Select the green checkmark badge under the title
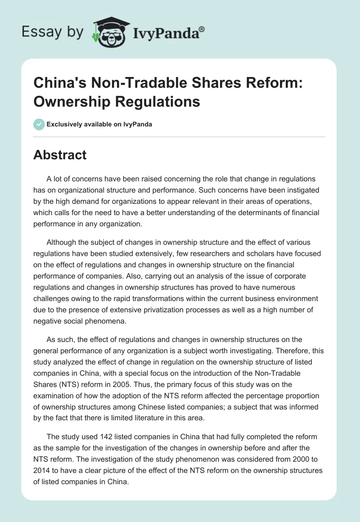tap(39, 124)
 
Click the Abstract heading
tap(60, 155)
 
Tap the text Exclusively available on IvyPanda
tap(99, 124)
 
